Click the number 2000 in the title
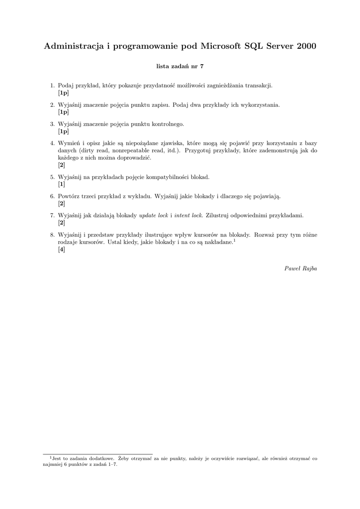coord(303,46)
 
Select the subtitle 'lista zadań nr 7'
coord(180,66)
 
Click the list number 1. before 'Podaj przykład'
coord(52,85)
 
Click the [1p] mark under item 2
coord(63,112)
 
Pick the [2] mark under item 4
coord(62,165)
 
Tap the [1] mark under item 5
coord(62,184)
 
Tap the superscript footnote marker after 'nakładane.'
coord(234,240)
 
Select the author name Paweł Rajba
coord(301,268)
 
